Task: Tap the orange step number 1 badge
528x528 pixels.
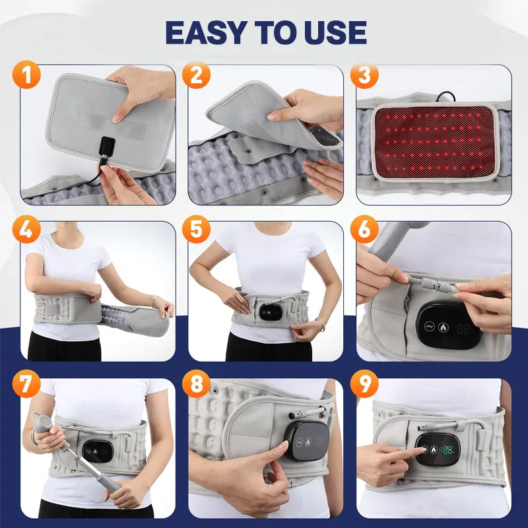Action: pos(26,75)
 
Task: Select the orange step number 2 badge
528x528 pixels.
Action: pos(196,75)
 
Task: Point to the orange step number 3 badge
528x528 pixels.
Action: pos(364,75)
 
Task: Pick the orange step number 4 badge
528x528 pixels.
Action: pos(26,229)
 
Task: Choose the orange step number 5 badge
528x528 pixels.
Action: pos(196,229)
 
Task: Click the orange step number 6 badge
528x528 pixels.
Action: pos(364,229)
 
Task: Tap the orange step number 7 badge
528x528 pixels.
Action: pos(26,383)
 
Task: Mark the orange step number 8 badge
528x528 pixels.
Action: pos(196,383)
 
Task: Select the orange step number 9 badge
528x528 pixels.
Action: pos(364,383)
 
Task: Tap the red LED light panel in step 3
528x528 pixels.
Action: pos(435,142)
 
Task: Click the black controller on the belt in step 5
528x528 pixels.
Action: pos(271,312)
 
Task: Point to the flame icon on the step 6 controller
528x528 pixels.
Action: pos(443,327)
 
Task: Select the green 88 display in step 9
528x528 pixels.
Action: pos(448,449)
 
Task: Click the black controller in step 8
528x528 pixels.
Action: pos(307,441)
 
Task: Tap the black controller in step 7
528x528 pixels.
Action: pos(97,451)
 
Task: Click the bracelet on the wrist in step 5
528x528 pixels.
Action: pos(321,323)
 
